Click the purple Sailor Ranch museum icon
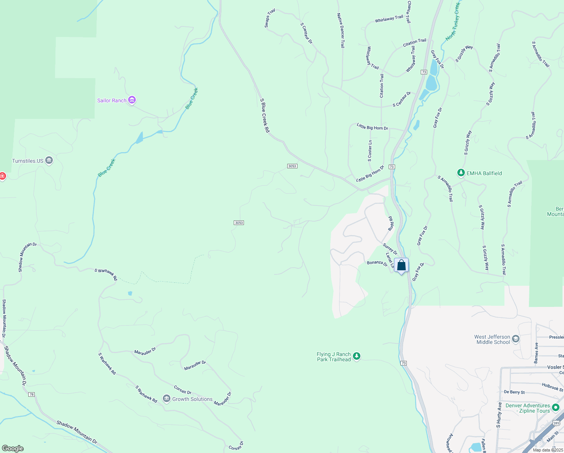pyautogui.click(x=132, y=100)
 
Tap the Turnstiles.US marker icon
pyautogui.click(x=49, y=161)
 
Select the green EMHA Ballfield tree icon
pyautogui.click(x=461, y=173)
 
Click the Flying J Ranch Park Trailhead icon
pyautogui.click(x=356, y=356)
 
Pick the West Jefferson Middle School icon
pyautogui.click(x=516, y=339)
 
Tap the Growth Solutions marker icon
pyautogui.click(x=167, y=399)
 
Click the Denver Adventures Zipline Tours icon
pyautogui.click(x=555, y=408)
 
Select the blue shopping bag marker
pyautogui.click(x=402, y=265)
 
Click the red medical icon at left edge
pyautogui.click(x=2, y=176)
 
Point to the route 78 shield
pyautogui.click(x=31, y=394)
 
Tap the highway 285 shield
pyautogui.click(x=556, y=423)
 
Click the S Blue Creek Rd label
pyautogui.click(x=265, y=116)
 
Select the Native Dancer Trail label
pyautogui.click(x=341, y=31)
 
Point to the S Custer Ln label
pyautogui.click(x=370, y=151)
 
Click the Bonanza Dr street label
pyautogui.click(x=377, y=263)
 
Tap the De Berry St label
pyautogui.click(x=514, y=392)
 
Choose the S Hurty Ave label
pyautogui.click(x=499, y=415)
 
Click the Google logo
pyautogui.click(x=12, y=448)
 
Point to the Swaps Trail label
pyautogui.click(x=270, y=18)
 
